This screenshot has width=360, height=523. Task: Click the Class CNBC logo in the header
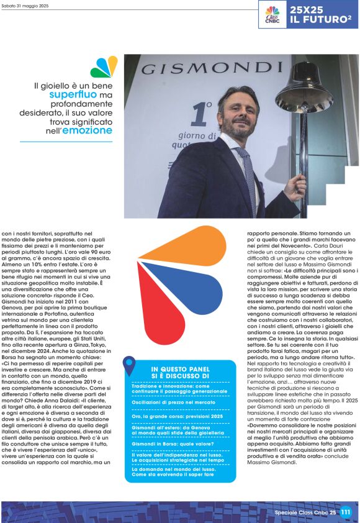pyautogui.click(x=272, y=14)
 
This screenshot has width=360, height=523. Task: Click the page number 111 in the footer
pyautogui.click(x=346, y=512)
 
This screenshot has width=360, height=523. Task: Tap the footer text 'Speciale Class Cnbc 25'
pyautogui.click(x=305, y=512)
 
